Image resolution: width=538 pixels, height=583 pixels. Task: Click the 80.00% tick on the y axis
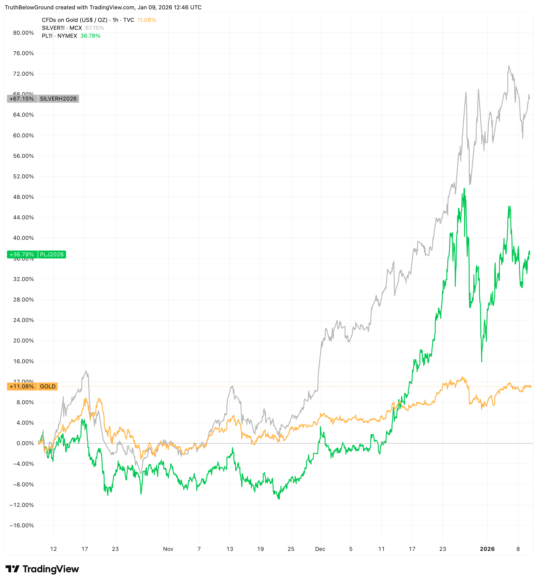(x=23, y=33)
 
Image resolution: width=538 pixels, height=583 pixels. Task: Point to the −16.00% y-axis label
(x=22, y=525)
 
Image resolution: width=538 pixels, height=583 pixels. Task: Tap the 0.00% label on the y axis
(x=25, y=443)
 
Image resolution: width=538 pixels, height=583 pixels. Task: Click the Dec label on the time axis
(x=320, y=549)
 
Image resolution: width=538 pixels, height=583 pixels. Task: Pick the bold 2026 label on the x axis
(x=487, y=549)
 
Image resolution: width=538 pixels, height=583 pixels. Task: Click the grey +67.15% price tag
(x=22, y=99)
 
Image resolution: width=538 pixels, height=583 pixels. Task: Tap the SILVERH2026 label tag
(x=58, y=99)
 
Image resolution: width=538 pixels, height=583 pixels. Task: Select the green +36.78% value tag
(x=22, y=254)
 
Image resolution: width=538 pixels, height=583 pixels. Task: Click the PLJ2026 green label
(x=52, y=254)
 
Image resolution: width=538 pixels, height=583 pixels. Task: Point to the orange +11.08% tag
(x=22, y=386)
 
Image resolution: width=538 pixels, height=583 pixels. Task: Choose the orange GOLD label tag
(x=48, y=386)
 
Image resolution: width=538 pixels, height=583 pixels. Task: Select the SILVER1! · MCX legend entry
(x=62, y=28)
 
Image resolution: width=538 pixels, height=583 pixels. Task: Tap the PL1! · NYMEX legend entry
(x=59, y=36)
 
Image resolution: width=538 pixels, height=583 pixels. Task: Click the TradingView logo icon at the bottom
(x=12, y=569)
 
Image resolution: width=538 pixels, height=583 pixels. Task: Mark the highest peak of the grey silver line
(x=509, y=66)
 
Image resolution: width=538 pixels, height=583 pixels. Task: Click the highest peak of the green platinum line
(x=464, y=189)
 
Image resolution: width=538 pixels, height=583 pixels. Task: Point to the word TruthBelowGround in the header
(x=29, y=7)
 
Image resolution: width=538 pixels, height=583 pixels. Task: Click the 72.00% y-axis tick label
(x=23, y=74)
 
